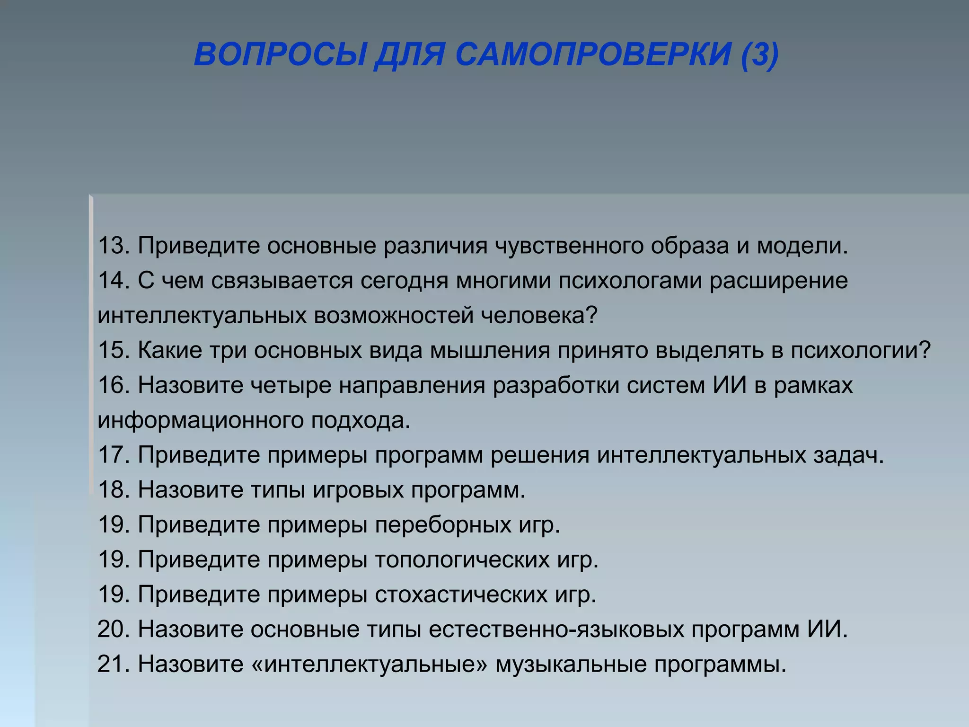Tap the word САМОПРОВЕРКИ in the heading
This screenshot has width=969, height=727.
tap(593, 54)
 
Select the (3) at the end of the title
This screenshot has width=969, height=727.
tap(759, 54)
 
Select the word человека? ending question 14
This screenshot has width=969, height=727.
tap(539, 315)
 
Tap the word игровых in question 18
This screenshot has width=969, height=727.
tap(358, 490)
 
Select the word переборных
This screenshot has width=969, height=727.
tap(443, 525)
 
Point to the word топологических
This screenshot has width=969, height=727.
tap(462, 560)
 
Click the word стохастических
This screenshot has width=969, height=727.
tap(461, 595)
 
